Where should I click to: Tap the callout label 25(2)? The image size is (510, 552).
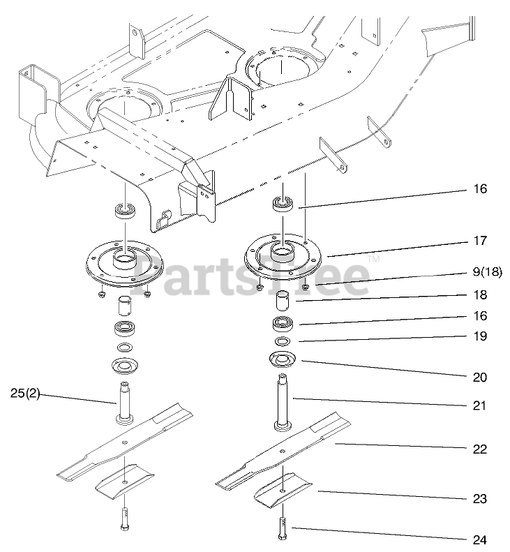25,394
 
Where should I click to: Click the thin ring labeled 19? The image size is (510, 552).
283,342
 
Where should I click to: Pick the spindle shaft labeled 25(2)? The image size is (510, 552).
125,403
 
